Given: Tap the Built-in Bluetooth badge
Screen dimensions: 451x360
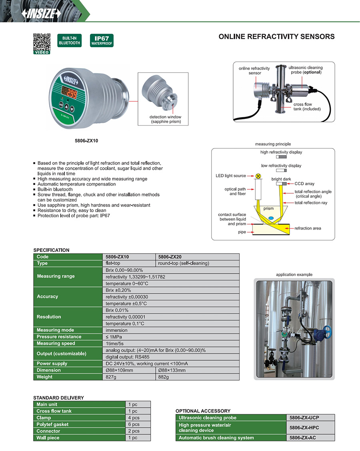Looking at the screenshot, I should click(x=70, y=40).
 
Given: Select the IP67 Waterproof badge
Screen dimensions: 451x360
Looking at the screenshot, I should click(x=102, y=40).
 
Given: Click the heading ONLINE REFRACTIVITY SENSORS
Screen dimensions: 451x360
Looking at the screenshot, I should click(x=276, y=37).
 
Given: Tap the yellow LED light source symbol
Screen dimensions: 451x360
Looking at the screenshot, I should click(x=258, y=176).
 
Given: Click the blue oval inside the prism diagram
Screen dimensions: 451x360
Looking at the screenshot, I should click(x=271, y=218).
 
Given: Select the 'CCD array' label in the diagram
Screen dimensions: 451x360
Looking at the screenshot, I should click(x=304, y=184).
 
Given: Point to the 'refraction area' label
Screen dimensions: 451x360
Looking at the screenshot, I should click(x=308, y=228).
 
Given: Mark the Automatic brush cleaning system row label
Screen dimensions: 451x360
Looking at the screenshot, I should click(x=216, y=438).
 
